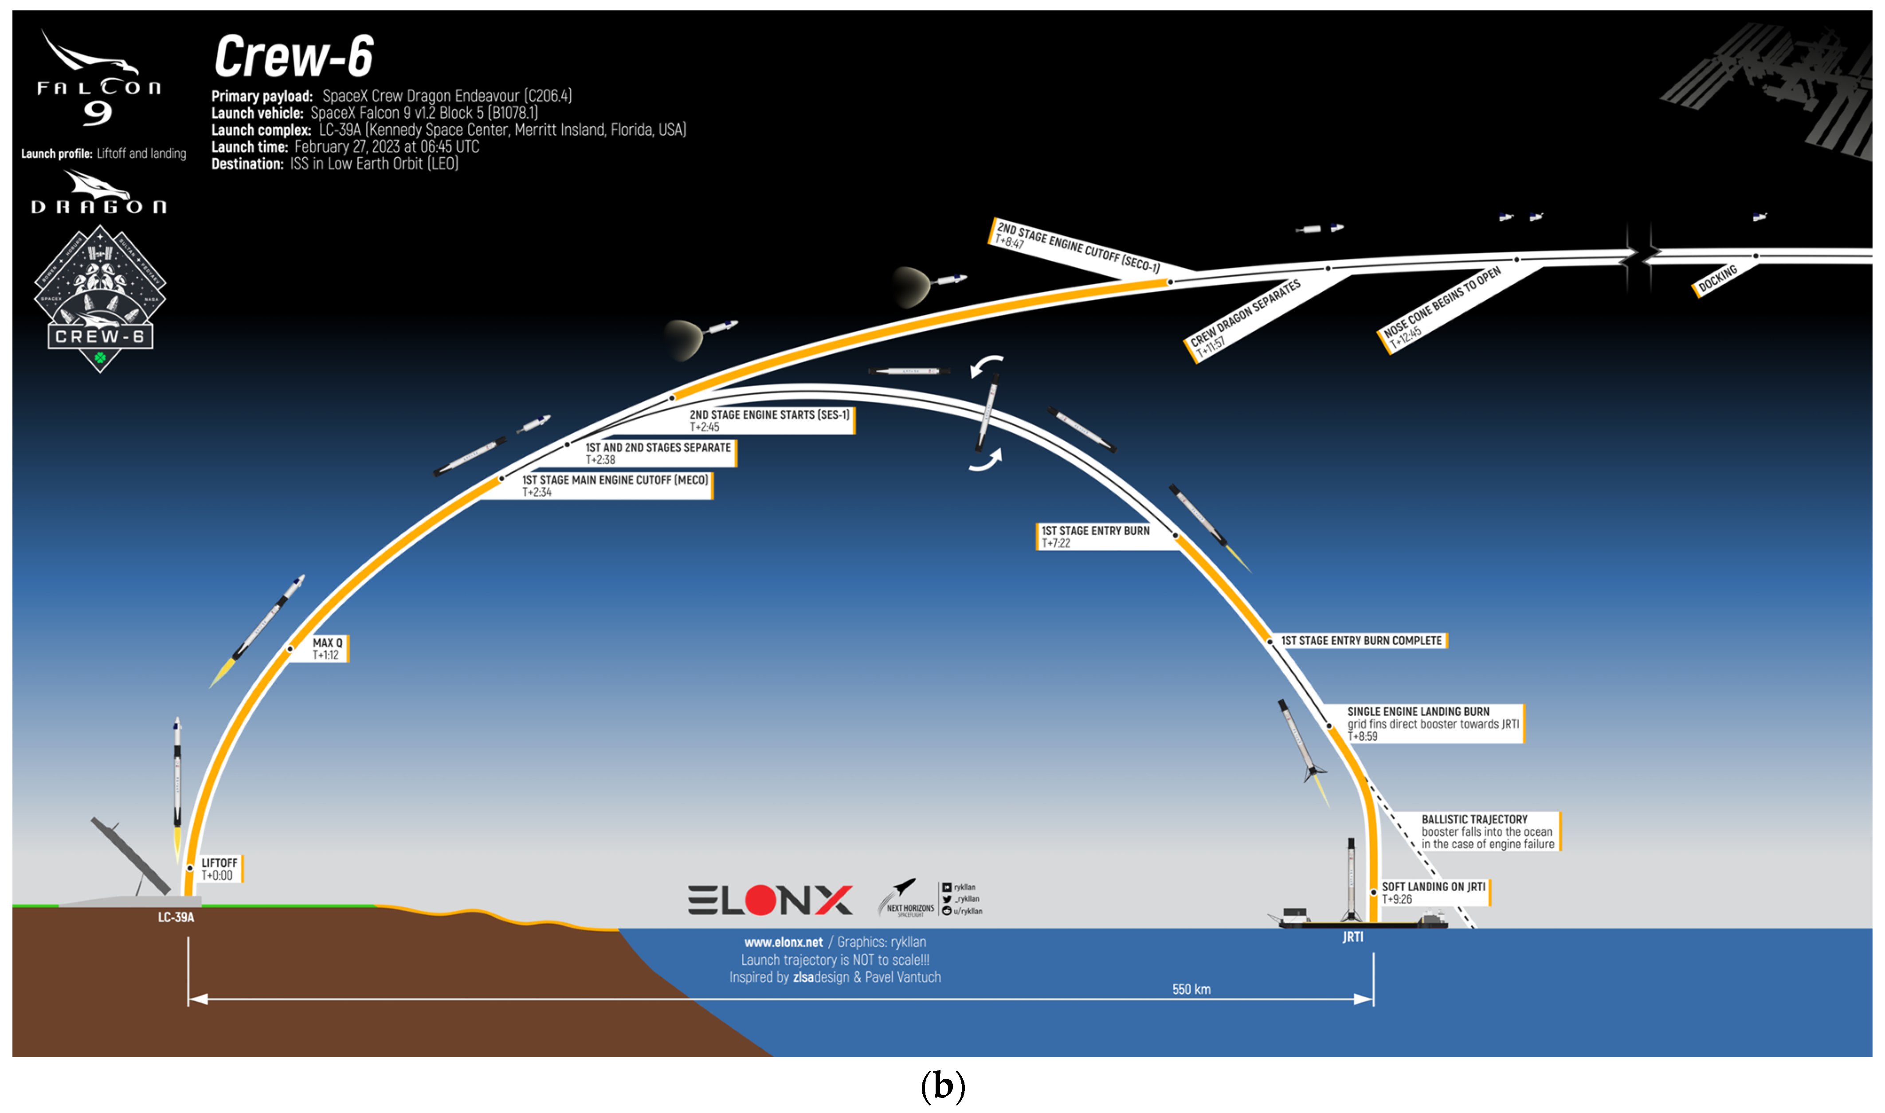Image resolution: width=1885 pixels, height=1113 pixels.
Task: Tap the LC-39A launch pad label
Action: (176, 917)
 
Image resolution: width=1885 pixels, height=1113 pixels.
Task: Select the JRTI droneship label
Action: (1352, 937)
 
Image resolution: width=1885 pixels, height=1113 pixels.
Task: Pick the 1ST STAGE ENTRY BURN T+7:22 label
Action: (1095, 536)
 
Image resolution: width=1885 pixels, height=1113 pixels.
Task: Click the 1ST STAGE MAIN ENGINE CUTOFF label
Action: (615, 485)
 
